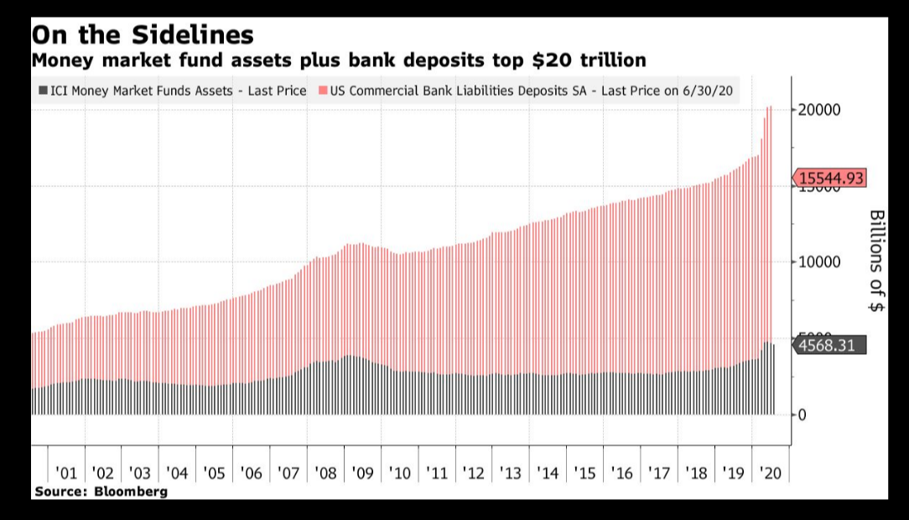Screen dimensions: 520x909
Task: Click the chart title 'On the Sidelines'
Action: pos(142,35)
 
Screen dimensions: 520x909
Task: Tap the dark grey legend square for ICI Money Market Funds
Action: pos(42,90)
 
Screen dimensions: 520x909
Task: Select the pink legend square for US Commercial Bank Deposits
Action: pos(324,90)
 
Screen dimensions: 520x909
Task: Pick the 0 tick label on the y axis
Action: pos(803,414)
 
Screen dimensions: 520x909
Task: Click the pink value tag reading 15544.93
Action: pos(829,178)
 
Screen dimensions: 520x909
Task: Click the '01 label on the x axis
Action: pos(66,473)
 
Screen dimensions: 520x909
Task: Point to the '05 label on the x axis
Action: pos(215,473)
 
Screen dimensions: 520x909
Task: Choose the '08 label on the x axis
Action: pos(325,473)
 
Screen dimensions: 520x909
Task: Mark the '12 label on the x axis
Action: pos(474,473)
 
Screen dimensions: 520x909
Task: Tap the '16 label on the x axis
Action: pos(622,473)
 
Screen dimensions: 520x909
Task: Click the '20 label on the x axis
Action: pos(769,473)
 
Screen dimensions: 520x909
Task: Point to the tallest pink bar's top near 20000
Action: pos(770,107)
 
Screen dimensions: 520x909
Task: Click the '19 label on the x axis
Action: pos(733,473)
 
